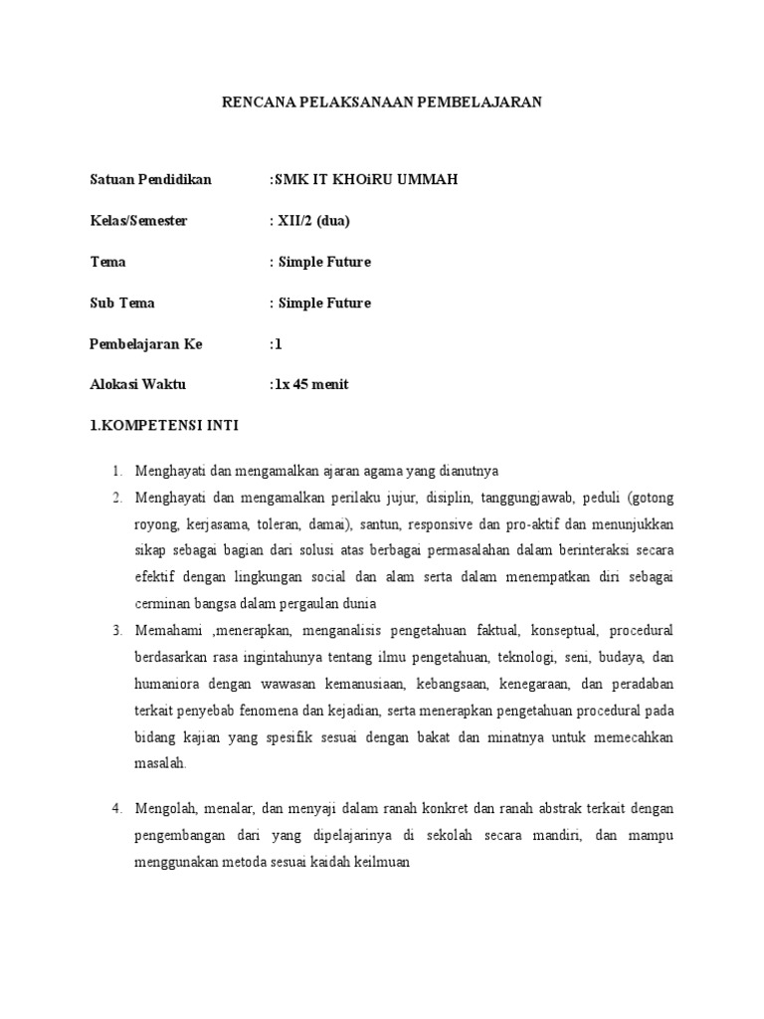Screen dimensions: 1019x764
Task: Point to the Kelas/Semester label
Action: click(x=138, y=220)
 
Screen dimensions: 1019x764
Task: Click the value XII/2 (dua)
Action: click(x=311, y=220)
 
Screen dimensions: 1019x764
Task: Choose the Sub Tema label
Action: click(x=122, y=303)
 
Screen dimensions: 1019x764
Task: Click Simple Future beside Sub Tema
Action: click(x=322, y=303)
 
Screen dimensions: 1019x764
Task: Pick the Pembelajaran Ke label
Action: click(x=146, y=343)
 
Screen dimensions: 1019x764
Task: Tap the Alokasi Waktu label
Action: click(x=138, y=384)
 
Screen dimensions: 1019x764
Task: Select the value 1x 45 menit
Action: click(x=309, y=384)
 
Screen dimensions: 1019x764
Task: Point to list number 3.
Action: click(x=115, y=631)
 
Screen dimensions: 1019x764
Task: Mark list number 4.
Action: click(x=115, y=807)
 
